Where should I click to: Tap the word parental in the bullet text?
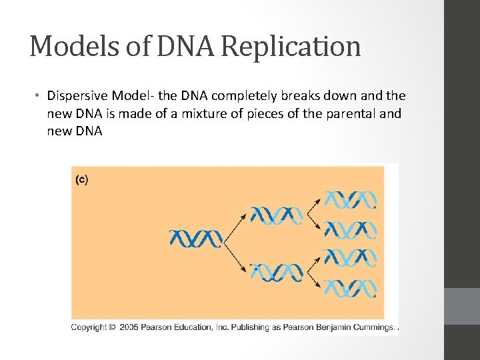(x=353, y=113)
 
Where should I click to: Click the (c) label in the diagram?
(x=81, y=179)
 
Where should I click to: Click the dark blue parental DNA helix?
(x=195, y=237)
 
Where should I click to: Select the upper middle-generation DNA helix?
(x=276, y=215)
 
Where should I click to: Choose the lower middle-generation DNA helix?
(x=276, y=272)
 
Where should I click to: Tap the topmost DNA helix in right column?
(x=351, y=199)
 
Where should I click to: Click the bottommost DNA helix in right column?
(x=351, y=289)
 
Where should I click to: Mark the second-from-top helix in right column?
(x=351, y=230)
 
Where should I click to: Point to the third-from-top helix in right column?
(x=351, y=259)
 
